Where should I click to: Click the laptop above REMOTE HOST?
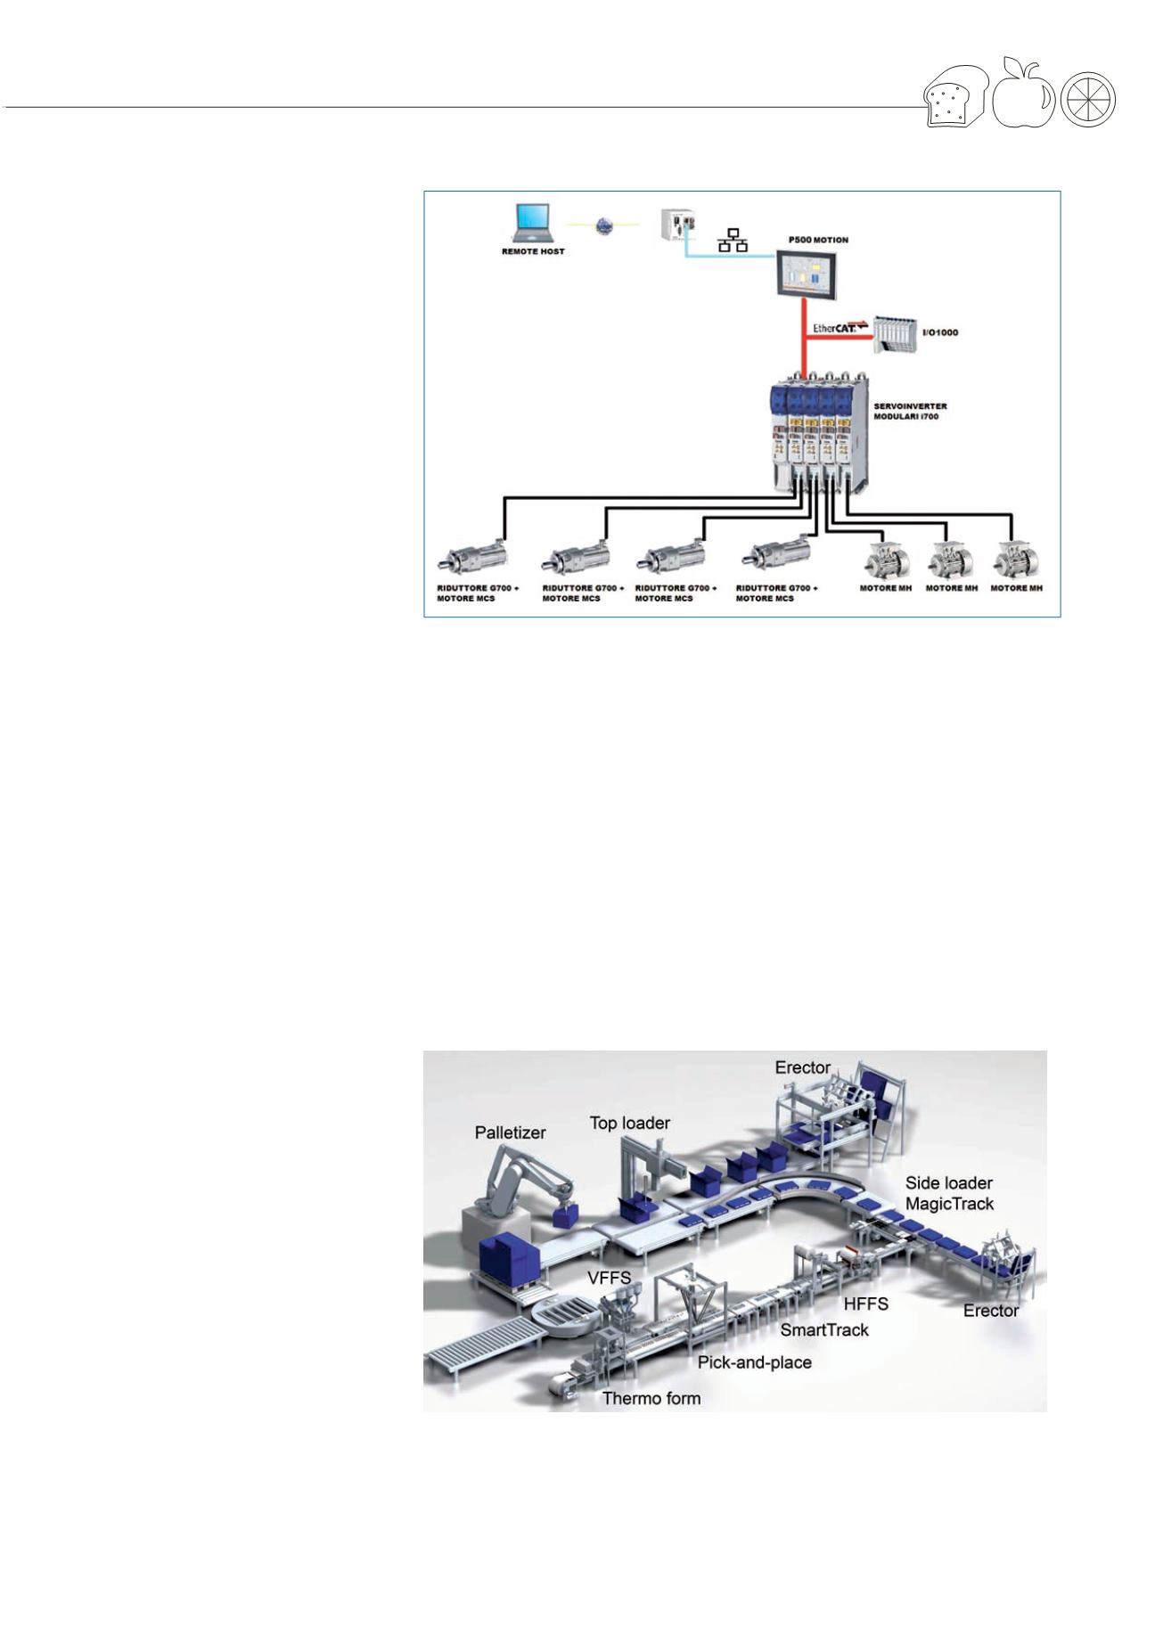point(533,223)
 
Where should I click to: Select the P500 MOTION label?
point(818,240)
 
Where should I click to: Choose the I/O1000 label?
point(938,332)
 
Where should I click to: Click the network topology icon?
point(733,240)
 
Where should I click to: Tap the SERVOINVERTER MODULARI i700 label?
point(910,411)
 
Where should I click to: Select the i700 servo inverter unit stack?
point(816,435)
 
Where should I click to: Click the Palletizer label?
point(510,1132)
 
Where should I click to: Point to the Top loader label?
point(629,1123)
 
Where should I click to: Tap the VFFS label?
point(609,1278)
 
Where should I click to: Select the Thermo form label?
point(651,1398)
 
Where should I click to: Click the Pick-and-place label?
point(755,1362)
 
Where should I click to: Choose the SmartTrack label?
point(824,1330)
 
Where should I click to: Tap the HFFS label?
point(866,1304)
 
